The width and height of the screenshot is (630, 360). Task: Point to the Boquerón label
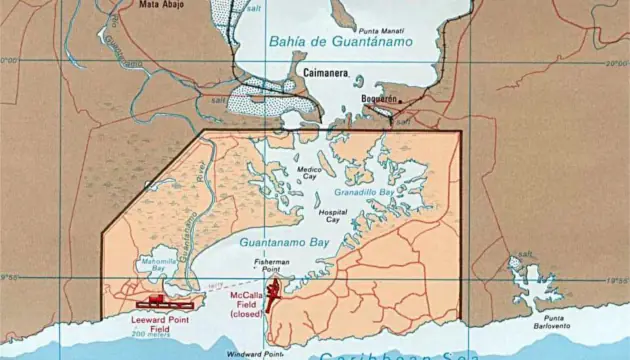tap(378, 99)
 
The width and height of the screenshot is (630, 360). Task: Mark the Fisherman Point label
tap(271, 266)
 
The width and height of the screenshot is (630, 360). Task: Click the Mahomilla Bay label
tap(158, 264)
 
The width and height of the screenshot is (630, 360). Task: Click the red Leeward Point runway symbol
tap(164, 300)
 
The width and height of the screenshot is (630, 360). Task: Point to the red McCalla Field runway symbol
tap(271, 294)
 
